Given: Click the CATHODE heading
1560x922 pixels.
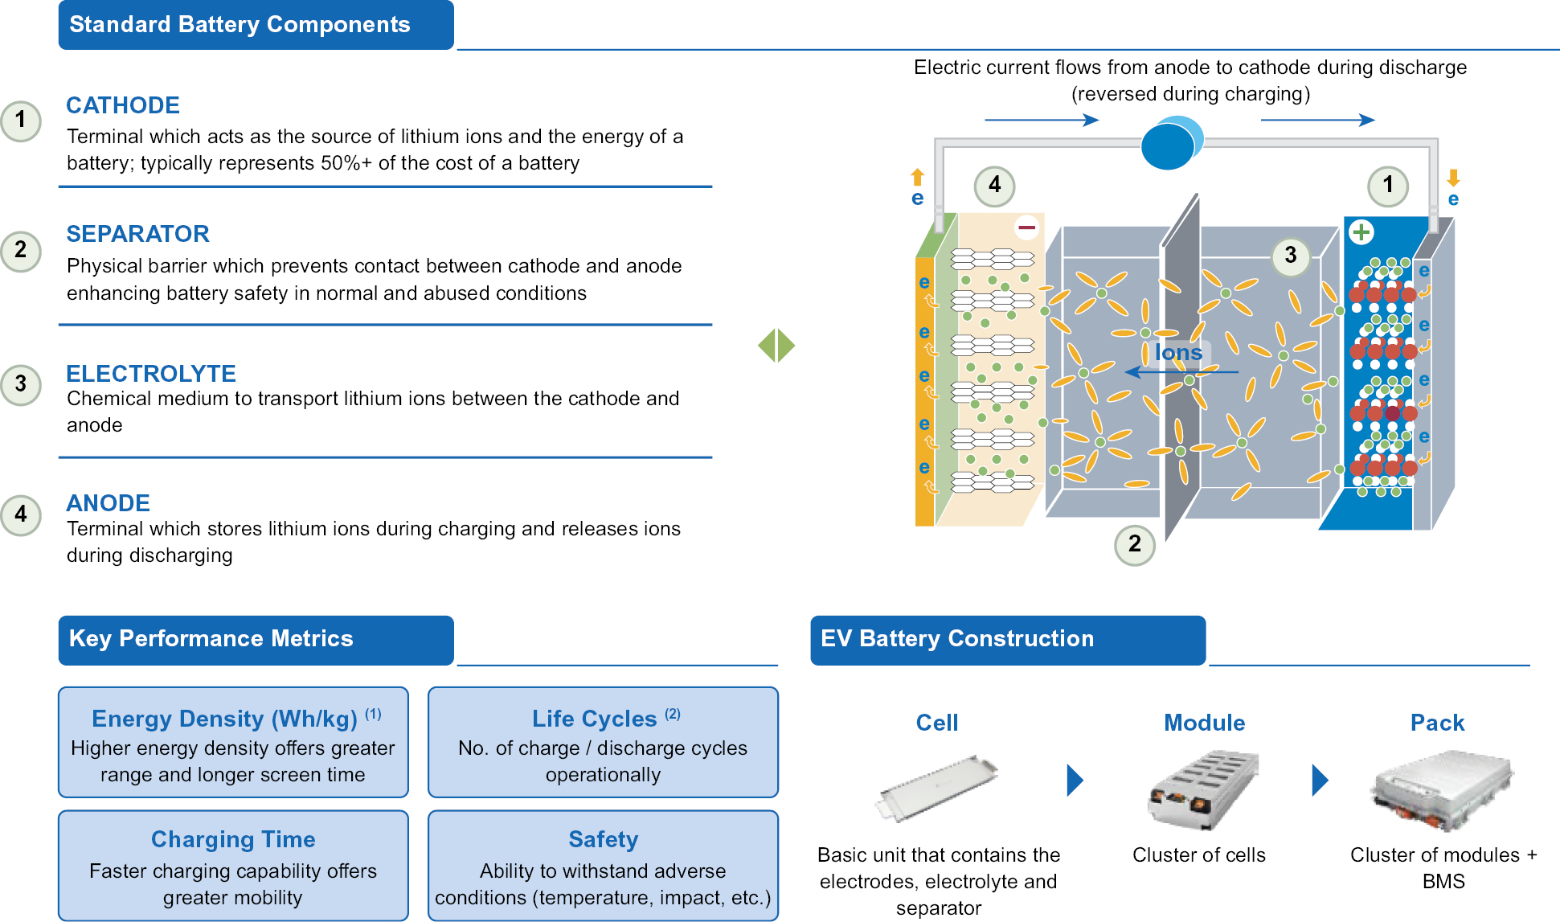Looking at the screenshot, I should (x=123, y=105).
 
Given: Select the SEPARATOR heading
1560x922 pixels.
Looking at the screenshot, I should (x=137, y=234).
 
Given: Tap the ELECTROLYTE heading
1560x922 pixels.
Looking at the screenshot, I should (x=151, y=373).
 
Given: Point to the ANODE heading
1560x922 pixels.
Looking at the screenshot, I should (x=108, y=503).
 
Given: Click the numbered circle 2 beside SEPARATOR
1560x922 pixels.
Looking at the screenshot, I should (x=21, y=251).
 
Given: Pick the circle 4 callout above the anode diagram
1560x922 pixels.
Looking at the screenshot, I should (x=994, y=186).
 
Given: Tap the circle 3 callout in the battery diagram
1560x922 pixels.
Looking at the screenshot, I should (x=1291, y=256).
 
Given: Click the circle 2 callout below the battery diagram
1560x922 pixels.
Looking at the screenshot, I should (x=1134, y=545).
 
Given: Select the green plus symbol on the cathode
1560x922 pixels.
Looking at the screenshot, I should (x=1361, y=233).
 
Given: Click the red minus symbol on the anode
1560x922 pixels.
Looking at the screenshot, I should (x=1026, y=228).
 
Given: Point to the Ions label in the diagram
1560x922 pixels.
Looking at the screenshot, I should (x=1178, y=352).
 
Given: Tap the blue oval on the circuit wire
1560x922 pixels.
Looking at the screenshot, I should (x=1170, y=144).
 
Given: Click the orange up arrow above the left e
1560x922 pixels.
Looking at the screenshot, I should (x=917, y=177).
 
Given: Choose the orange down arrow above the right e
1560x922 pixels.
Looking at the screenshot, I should (x=1453, y=178).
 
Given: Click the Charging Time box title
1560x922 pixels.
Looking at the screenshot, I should (x=233, y=839).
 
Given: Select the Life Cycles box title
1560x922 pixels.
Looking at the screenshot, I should (x=595, y=719).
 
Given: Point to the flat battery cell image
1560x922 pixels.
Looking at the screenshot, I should (x=937, y=787).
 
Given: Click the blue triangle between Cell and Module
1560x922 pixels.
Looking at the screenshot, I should (x=1075, y=780).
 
